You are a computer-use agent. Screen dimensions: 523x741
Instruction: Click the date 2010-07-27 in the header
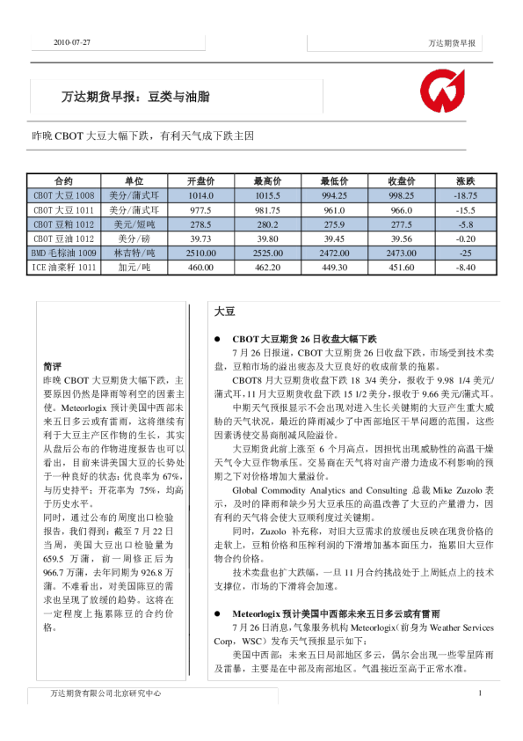tap(73, 42)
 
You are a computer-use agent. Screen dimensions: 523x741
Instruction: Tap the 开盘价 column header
tap(201, 180)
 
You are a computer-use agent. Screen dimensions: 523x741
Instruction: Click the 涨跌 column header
tap(465, 180)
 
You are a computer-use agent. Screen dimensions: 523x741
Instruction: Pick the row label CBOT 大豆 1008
tap(63, 195)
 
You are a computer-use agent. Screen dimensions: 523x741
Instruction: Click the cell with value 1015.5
tap(265, 195)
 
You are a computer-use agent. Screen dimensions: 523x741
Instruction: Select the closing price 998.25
tap(401, 195)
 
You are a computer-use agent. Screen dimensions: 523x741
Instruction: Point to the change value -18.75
tap(465, 195)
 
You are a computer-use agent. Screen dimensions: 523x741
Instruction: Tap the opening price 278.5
tap(201, 224)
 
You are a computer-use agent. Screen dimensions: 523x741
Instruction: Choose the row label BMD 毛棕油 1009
tap(63, 253)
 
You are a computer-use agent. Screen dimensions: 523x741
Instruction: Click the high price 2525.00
tap(265, 253)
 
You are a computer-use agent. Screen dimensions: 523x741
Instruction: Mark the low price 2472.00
tap(333, 253)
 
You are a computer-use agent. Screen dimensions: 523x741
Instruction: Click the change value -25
tap(465, 253)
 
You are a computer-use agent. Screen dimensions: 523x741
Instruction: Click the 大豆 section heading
tap(224, 312)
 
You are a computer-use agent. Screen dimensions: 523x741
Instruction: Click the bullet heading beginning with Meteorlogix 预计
tap(337, 636)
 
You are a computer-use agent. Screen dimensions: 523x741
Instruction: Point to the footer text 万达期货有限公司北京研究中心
tap(105, 693)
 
